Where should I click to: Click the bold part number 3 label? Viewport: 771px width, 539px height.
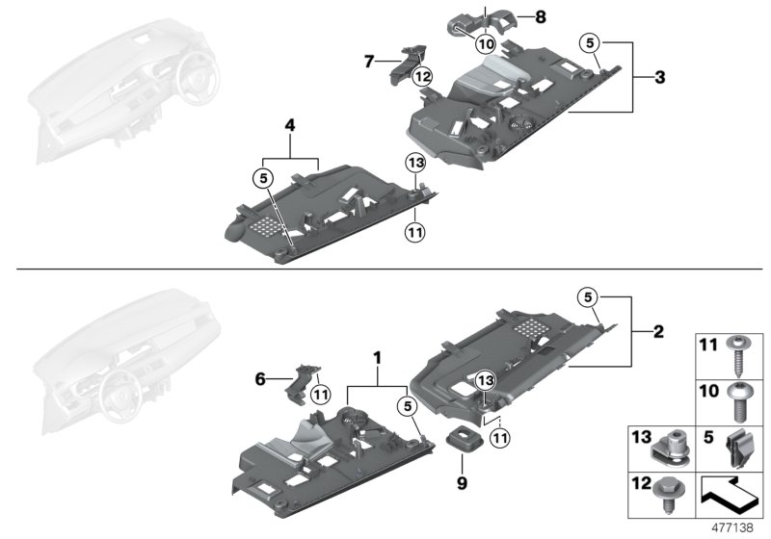tap(660, 77)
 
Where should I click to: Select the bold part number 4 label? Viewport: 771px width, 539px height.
tap(289, 149)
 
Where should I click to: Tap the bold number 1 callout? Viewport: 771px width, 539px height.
tap(378, 356)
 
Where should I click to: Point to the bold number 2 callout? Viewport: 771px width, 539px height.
tap(658, 332)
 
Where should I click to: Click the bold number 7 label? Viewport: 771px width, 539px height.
tap(368, 63)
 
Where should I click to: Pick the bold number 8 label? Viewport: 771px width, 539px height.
tap(540, 17)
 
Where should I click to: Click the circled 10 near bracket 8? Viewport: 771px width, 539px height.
tap(485, 43)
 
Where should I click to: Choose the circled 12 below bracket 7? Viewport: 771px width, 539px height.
tap(421, 76)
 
